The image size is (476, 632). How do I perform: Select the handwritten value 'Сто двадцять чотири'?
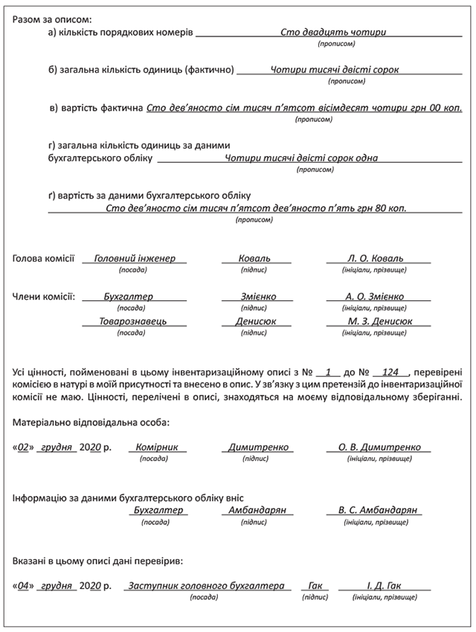(x=333, y=33)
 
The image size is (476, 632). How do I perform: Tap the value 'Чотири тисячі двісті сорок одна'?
(x=301, y=158)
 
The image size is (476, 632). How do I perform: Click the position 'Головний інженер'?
(x=135, y=258)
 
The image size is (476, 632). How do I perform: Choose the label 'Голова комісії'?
(x=43, y=259)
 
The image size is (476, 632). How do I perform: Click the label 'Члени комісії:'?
(x=44, y=297)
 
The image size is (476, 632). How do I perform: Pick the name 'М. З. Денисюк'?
(x=379, y=321)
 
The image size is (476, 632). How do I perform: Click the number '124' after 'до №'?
(x=390, y=370)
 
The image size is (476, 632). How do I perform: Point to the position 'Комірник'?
(x=157, y=448)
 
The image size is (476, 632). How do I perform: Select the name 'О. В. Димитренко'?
(x=379, y=448)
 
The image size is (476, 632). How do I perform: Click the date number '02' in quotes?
(x=26, y=448)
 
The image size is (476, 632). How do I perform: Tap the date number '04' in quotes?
(x=26, y=586)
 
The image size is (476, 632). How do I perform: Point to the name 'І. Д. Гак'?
(x=386, y=586)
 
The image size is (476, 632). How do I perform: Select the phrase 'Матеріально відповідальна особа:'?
(x=91, y=422)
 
